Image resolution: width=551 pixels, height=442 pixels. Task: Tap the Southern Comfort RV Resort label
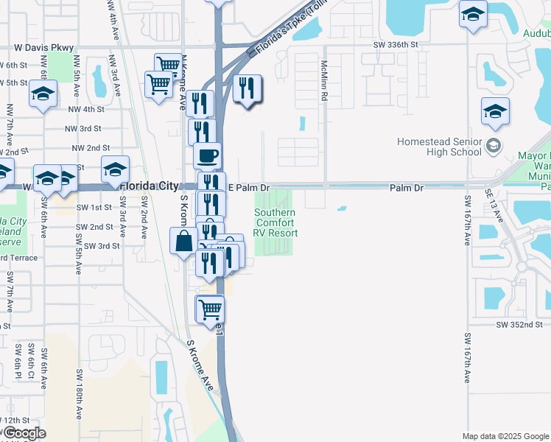(x=276, y=222)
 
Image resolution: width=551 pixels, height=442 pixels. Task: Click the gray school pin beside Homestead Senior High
(x=494, y=147)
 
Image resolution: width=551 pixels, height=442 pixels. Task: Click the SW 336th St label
(x=395, y=45)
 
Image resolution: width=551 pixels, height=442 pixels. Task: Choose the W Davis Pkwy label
(x=44, y=48)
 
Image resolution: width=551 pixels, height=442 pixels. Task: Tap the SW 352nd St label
(x=519, y=324)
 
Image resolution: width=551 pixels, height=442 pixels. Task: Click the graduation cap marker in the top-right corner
(x=473, y=13)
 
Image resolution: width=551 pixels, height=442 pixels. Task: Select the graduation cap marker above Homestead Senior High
(x=496, y=110)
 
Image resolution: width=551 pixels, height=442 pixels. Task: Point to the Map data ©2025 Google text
(x=505, y=436)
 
